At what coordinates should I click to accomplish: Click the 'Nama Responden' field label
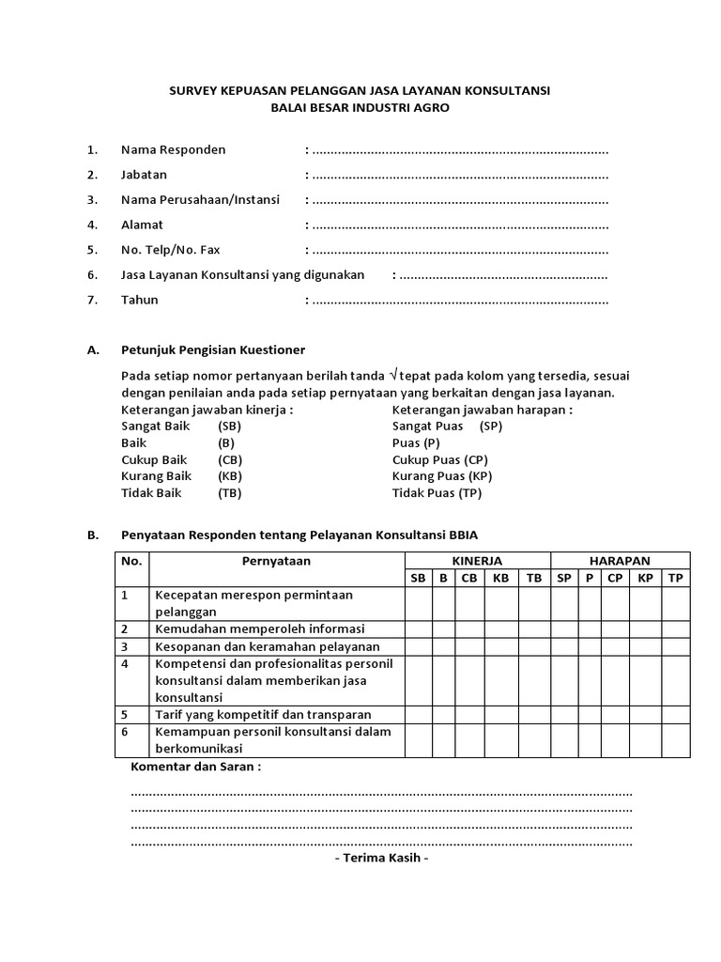173,149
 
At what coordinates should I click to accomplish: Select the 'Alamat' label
142,225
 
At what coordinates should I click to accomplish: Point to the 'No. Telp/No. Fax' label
170,250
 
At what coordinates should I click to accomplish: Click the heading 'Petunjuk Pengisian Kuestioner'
213,349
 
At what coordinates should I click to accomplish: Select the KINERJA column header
477,561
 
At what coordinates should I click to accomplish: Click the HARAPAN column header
620,561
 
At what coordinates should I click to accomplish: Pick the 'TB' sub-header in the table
534,578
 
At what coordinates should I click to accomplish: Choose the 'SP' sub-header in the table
563,578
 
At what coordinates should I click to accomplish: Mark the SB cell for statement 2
418,628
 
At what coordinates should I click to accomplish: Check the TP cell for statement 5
675,714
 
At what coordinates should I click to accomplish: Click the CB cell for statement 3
468,646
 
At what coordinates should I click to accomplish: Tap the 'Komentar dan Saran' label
195,767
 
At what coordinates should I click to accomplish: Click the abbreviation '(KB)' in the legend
230,476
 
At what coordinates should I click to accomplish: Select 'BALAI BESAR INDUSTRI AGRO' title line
360,108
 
